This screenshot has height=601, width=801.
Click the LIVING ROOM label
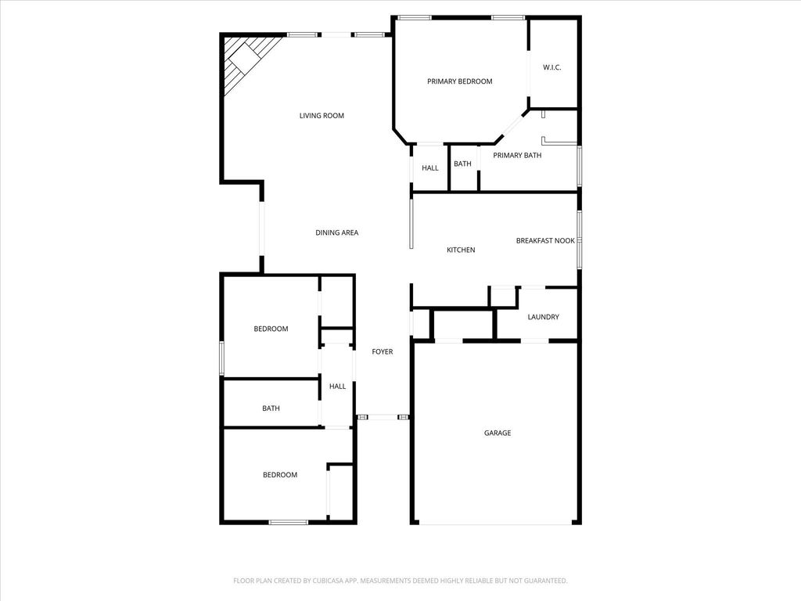click(x=321, y=116)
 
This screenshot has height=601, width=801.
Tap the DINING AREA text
click(x=336, y=232)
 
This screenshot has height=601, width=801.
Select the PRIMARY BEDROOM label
click(x=460, y=81)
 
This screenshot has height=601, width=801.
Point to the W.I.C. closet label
click(x=551, y=67)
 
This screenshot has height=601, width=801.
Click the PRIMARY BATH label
click(x=517, y=156)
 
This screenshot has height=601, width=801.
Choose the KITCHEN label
click(x=461, y=250)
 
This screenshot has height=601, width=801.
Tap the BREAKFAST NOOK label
click(x=545, y=241)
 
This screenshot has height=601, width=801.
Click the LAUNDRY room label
click(x=543, y=317)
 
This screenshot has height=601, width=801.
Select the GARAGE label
click(x=497, y=433)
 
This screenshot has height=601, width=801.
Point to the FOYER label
click(x=382, y=351)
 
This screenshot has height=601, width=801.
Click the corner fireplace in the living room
click(x=245, y=63)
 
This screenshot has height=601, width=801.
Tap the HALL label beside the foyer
click(x=337, y=387)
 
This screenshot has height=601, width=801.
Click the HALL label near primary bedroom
click(x=430, y=167)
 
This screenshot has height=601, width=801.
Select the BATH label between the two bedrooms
click(x=271, y=408)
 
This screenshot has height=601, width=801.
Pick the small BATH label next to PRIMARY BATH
click(x=462, y=164)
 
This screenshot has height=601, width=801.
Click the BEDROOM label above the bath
click(x=271, y=329)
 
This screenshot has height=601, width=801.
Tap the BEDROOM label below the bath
click(x=280, y=475)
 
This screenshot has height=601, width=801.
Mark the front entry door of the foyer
click(x=383, y=418)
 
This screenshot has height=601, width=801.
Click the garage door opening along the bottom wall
click(x=495, y=524)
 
